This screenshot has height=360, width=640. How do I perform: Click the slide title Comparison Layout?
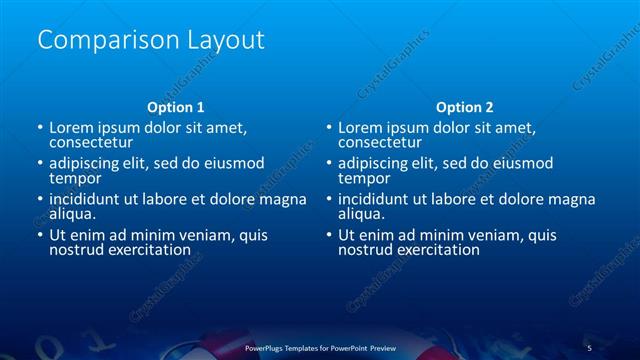pos(150,40)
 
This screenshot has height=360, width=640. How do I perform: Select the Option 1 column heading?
pos(176,106)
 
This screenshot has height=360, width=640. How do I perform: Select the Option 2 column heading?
pos(464,106)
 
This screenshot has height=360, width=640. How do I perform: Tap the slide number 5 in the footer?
pos(590,348)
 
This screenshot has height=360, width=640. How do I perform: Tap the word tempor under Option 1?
pos(72,178)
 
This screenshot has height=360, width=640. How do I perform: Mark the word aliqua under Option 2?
pos(360,214)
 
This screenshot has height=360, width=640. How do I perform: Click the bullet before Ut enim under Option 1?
pos(40,235)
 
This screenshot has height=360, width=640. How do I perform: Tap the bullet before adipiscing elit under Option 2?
pos(329,163)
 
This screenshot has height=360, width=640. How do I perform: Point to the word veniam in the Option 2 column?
pos(467,235)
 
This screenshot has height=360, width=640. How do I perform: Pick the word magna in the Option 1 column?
pos(283,199)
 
